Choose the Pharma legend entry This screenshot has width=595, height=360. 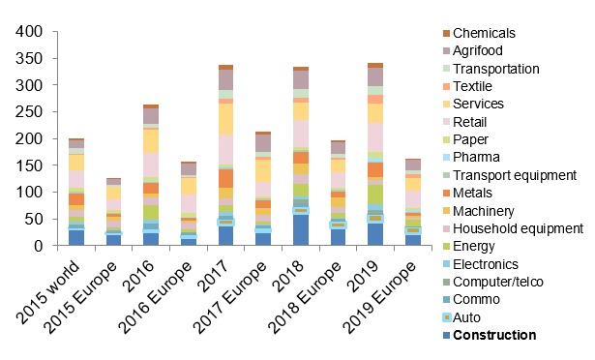(470, 158)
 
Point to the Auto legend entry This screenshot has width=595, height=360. (464, 317)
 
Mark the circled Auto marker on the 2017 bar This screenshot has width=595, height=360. (225, 223)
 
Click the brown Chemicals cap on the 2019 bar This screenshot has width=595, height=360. (376, 65)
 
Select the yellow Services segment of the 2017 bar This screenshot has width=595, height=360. (225, 119)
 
